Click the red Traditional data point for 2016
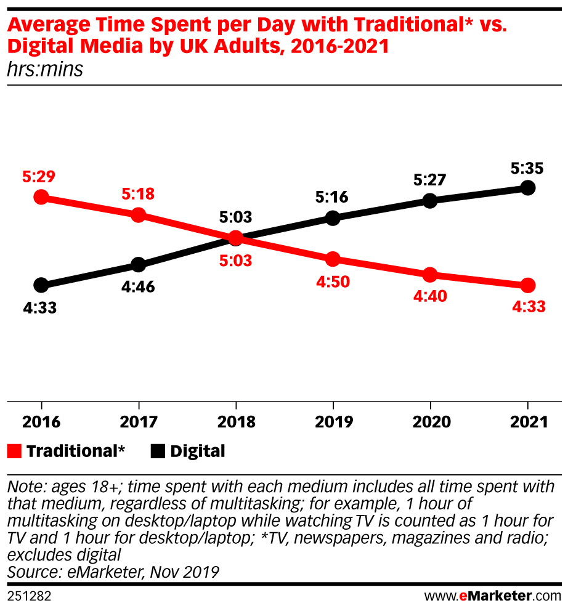(41, 197)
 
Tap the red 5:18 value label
(138, 195)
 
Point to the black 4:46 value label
(138, 286)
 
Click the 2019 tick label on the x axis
(333, 422)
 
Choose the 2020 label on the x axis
(430, 422)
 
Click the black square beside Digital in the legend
(158, 451)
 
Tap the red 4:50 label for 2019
(333, 282)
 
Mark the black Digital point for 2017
(138, 265)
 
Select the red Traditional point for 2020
(430, 275)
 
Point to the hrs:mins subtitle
(44, 70)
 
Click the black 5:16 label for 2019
(333, 197)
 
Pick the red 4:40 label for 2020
(430, 296)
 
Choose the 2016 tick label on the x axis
(41, 422)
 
